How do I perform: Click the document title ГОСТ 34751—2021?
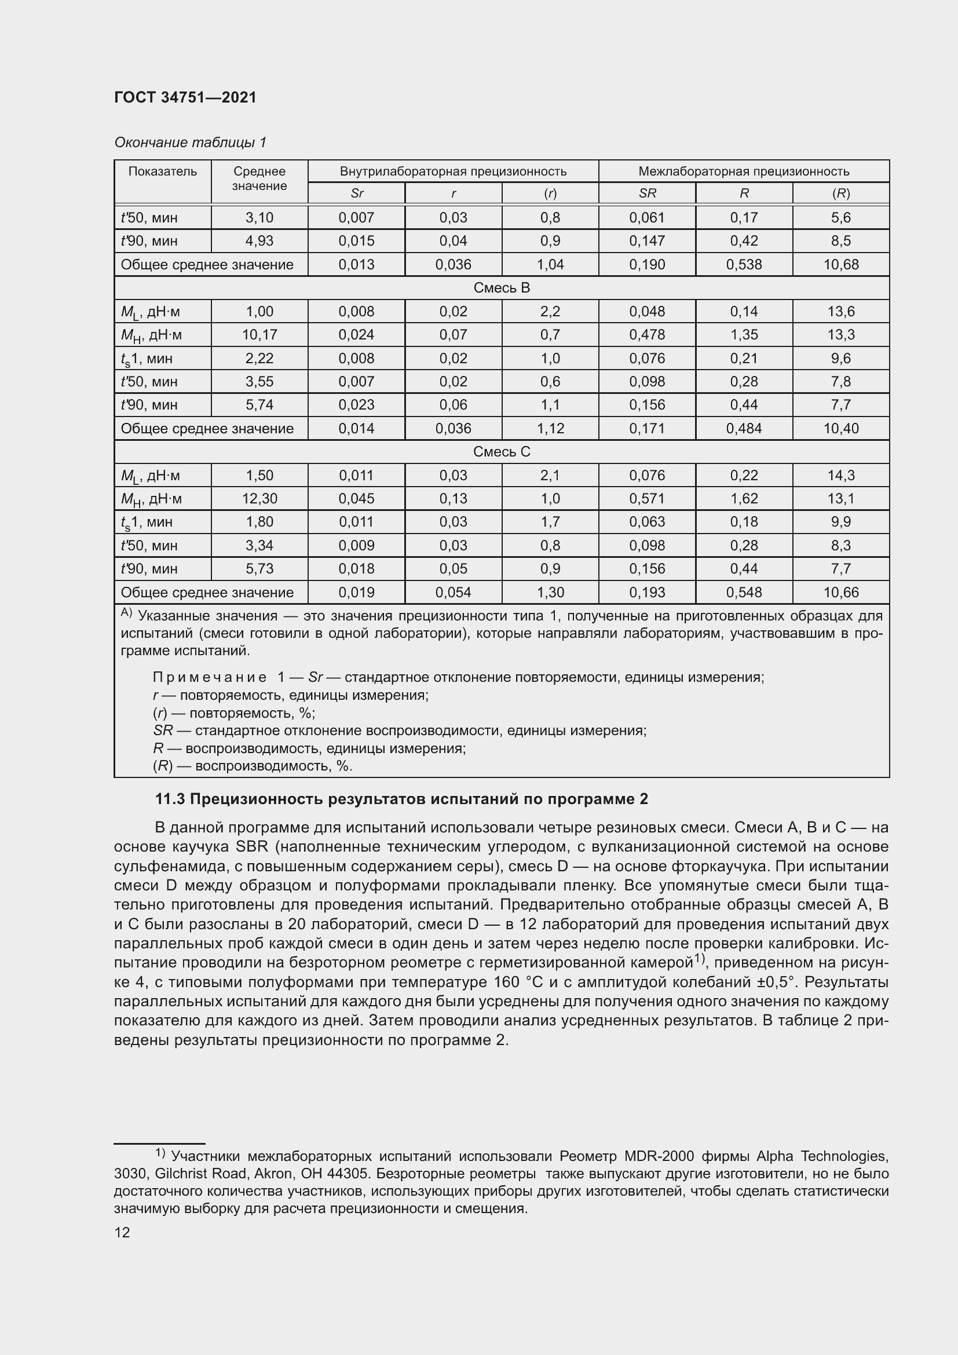coord(185,97)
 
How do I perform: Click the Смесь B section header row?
coord(502,287)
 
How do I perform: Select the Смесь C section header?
coord(502,451)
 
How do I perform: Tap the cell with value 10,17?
coord(259,335)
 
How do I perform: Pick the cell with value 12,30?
coord(259,498)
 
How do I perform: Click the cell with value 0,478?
coord(646,335)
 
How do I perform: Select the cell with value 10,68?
coord(840,264)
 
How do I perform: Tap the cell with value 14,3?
coord(840,475)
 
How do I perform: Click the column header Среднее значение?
coord(259,178)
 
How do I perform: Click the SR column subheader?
coord(646,193)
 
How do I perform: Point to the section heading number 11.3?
coord(170,799)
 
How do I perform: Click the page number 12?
coord(122,1232)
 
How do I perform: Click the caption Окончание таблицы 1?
coord(190,143)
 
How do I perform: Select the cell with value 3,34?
coord(259,545)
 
